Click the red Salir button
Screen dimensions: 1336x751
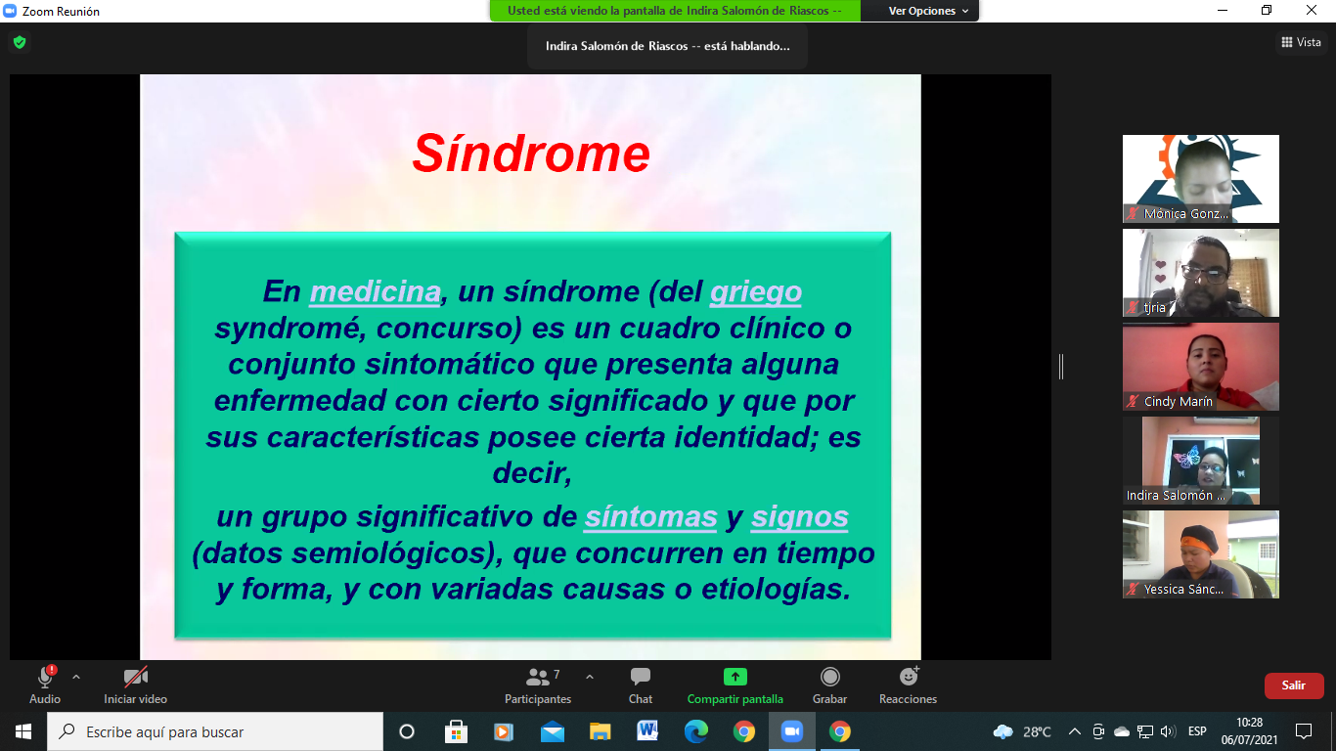pos(1294,685)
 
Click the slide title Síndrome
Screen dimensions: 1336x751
pos(531,154)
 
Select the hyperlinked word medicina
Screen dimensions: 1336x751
pos(376,291)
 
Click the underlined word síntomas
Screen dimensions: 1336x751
pos(650,516)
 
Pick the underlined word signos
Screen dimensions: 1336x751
pos(799,517)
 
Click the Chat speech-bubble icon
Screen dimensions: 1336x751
pos(640,677)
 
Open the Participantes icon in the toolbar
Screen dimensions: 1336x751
pos(537,677)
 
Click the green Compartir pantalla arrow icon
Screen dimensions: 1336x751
pos(735,677)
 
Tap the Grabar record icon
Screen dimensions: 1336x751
pos(829,677)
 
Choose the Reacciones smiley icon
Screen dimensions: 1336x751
pos(909,677)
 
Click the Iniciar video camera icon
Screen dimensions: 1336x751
pos(135,677)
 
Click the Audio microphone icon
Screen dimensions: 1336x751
pos(45,678)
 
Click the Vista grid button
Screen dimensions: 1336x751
pos(1302,42)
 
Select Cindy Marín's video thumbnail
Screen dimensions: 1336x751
pos(1201,367)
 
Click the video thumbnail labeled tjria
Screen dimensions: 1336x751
pos(1201,273)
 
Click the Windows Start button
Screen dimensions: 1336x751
pos(23,731)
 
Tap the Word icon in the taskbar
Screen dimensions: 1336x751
pos(647,730)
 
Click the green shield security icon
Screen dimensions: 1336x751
pos(20,42)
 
